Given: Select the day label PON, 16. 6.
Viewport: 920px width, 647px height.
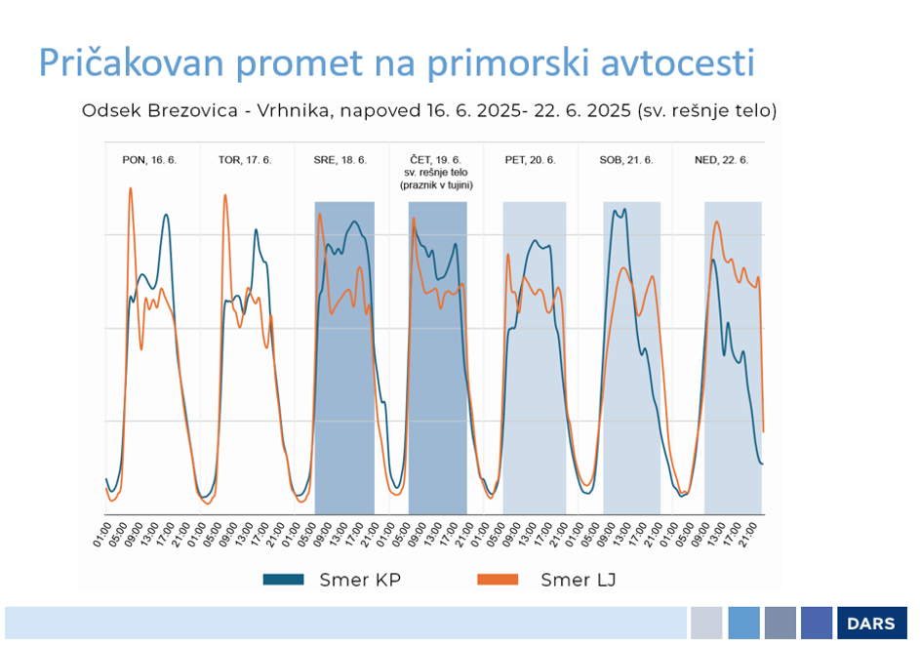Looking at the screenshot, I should tap(149, 159).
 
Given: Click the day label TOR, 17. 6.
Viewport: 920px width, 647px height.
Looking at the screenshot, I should tap(245, 159).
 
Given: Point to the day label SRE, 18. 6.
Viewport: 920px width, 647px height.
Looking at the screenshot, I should tap(340, 159).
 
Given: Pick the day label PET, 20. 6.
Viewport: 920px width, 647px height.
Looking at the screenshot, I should tap(531, 159).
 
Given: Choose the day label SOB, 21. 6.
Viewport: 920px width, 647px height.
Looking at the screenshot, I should tap(626, 159).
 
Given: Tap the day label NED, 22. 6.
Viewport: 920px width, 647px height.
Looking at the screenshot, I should tap(722, 159).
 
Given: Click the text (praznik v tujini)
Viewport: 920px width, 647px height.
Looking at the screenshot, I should tap(436, 184).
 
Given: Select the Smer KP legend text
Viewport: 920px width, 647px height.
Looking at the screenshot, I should tap(360, 580).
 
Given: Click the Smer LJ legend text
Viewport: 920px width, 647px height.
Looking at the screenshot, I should tap(578, 580).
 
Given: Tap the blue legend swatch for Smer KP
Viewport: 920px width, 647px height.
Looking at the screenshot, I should tap(284, 580).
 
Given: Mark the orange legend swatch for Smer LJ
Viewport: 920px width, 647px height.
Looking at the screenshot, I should tap(498, 580).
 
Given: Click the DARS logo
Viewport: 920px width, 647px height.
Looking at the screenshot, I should tap(871, 624).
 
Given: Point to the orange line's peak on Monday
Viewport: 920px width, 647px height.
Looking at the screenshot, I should tap(130, 188).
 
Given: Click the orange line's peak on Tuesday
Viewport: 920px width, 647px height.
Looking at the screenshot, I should tap(225, 195).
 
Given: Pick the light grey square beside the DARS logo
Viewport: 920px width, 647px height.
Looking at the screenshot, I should tap(706, 624).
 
